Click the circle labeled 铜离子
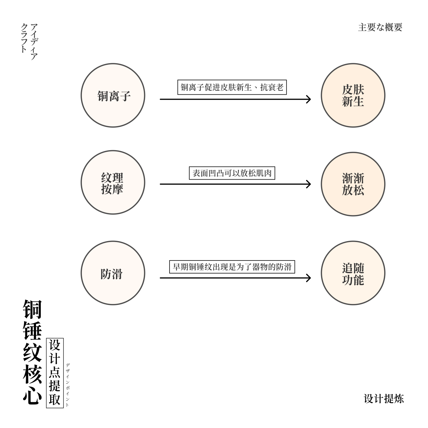click(x=113, y=96)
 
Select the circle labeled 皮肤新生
click(x=353, y=96)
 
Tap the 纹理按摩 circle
click(x=113, y=183)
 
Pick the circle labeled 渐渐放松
click(x=353, y=184)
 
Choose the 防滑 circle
click(x=113, y=273)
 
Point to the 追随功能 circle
click(x=353, y=273)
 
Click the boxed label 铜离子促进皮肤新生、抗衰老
click(x=232, y=88)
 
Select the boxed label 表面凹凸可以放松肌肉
click(x=232, y=173)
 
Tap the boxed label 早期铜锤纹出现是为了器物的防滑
click(x=232, y=267)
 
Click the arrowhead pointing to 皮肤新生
click(x=309, y=99)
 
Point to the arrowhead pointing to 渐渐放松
click(x=309, y=184)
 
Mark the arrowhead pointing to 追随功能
click(x=309, y=278)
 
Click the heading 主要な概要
click(x=380, y=27)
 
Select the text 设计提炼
click(x=384, y=399)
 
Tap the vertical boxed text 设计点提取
click(x=55, y=373)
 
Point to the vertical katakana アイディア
click(x=34, y=42)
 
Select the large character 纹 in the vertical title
click(x=32, y=352)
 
